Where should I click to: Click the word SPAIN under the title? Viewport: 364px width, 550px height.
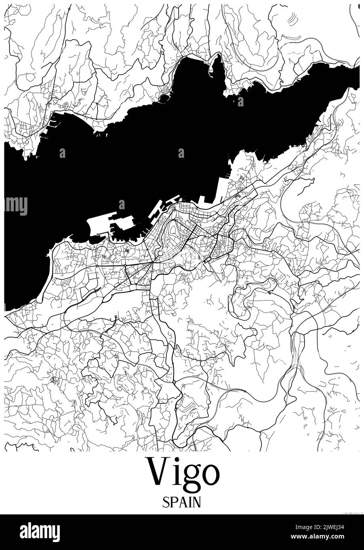(182, 502)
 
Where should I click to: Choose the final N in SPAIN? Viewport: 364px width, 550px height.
(196, 502)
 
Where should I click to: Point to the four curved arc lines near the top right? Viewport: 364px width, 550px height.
(292, 18)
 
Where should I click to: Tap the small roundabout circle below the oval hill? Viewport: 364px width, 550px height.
(160, 253)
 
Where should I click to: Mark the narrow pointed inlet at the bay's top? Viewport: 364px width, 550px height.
(216, 63)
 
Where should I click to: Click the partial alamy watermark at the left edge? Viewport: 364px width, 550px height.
(15, 205)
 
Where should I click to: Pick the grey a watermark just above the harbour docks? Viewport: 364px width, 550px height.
(122, 205)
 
